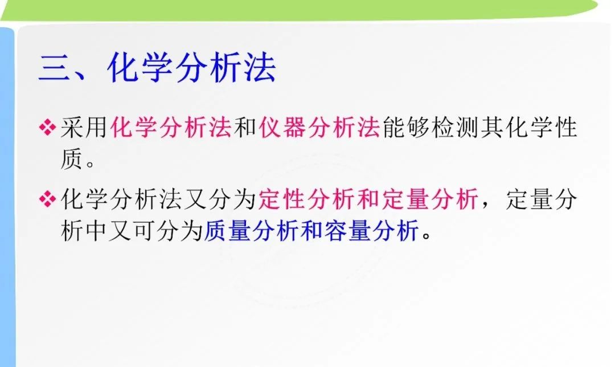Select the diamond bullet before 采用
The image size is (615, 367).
click(47, 127)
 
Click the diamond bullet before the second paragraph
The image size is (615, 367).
click(47, 199)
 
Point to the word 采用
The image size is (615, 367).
click(84, 127)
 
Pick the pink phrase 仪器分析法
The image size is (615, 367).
click(319, 127)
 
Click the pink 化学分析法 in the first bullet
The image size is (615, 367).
click(171, 127)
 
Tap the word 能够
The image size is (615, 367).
click(405, 127)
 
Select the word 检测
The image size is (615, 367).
click(455, 127)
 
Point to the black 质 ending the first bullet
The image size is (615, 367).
click(72, 158)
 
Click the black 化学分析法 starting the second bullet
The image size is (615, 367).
click(121, 199)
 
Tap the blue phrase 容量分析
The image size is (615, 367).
click(371, 230)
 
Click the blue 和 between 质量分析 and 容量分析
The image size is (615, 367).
click(311, 230)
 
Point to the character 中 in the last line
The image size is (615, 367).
click(96, 230)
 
